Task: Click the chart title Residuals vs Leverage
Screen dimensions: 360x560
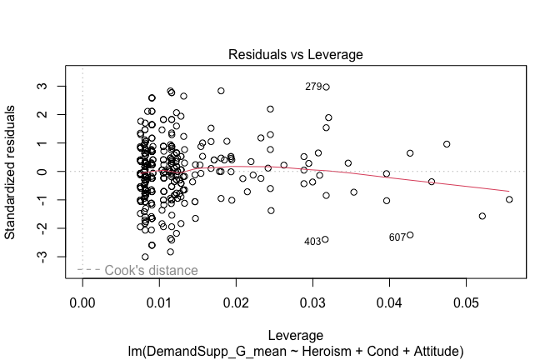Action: click(295, 55)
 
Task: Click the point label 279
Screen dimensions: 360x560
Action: click(313, 87)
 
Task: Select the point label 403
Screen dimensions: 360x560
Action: click(312, 242)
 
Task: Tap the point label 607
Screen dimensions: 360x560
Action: click(397, 237)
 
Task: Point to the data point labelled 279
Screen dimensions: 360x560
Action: click(326, 87)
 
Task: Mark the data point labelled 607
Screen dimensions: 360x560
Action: click(410, 235)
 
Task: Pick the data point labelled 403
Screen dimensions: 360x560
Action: click(325, 239)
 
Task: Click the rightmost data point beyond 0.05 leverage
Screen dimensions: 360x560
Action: click(509, 199)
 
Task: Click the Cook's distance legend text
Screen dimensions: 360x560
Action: click(151, 270)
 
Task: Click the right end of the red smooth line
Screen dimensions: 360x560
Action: click(509, 191)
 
